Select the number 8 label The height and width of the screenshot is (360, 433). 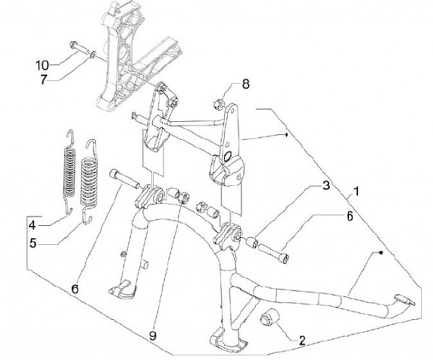pyautogui.click(x=245, y=83)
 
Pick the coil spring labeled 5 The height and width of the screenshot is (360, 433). pyautogui.click(x=88, y=181)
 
